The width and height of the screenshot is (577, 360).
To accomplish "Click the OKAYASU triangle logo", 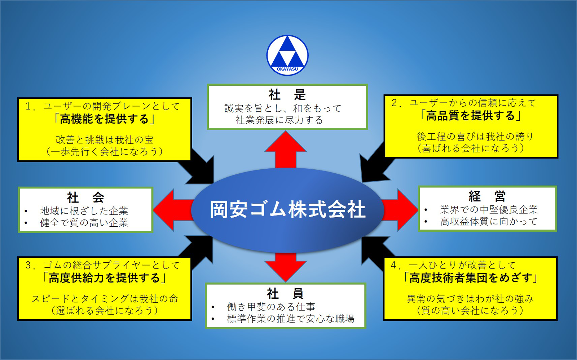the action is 287,55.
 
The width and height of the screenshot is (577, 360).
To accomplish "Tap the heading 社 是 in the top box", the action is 287,94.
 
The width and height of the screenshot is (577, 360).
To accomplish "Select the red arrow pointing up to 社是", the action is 286,149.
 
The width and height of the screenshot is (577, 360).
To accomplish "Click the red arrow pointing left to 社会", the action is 173,210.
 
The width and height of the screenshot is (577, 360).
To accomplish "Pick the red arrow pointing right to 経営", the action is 400,210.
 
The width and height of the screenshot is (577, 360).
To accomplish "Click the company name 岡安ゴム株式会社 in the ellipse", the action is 287,210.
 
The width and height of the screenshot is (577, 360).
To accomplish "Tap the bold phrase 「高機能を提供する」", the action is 104,119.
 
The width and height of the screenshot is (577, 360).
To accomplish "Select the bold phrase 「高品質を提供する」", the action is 470,116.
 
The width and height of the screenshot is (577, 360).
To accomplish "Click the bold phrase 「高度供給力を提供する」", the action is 104,278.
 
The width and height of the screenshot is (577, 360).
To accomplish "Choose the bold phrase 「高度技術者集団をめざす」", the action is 470,278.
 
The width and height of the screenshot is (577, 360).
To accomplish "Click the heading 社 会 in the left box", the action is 85,197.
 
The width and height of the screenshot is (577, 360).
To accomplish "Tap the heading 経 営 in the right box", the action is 487,197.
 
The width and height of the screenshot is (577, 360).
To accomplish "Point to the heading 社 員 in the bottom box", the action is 285,294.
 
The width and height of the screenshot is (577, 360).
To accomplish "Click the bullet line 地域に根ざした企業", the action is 84,211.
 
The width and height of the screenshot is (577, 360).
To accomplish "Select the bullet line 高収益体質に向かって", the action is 489,222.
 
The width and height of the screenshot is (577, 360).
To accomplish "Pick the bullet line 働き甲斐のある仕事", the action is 271,307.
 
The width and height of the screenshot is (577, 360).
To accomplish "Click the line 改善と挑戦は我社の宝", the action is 105,140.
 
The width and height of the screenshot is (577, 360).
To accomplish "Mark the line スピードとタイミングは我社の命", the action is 105,299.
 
